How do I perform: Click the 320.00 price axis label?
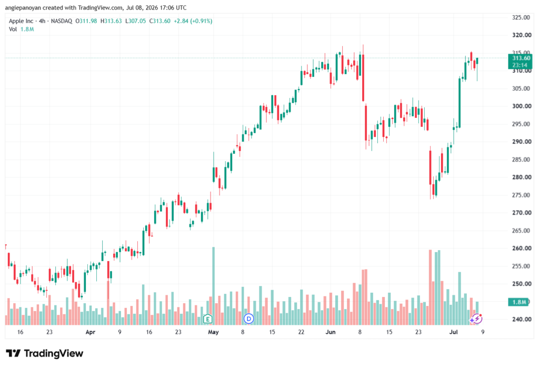(522, 35)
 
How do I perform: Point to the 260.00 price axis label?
(522, 248)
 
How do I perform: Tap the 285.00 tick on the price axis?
(522, 160)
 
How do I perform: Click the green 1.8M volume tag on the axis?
(518, 302)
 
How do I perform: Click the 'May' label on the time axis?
(214, 332)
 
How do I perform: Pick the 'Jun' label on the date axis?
(331, 332)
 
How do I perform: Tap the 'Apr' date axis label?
(90, 332)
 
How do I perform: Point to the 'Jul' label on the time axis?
(453, 332)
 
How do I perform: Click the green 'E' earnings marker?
(207, 319)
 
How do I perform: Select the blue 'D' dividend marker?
(248, 319)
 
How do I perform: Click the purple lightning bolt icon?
(477, 319)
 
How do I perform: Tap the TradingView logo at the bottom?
(45, 353)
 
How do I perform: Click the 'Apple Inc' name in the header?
(21, 21)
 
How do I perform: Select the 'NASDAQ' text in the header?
(62, 21)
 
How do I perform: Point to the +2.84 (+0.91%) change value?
(193, 21)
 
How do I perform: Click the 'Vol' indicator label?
(13, 29)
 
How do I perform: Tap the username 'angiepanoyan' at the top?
(23, 7)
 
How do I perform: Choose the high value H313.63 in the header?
(111, 21)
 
